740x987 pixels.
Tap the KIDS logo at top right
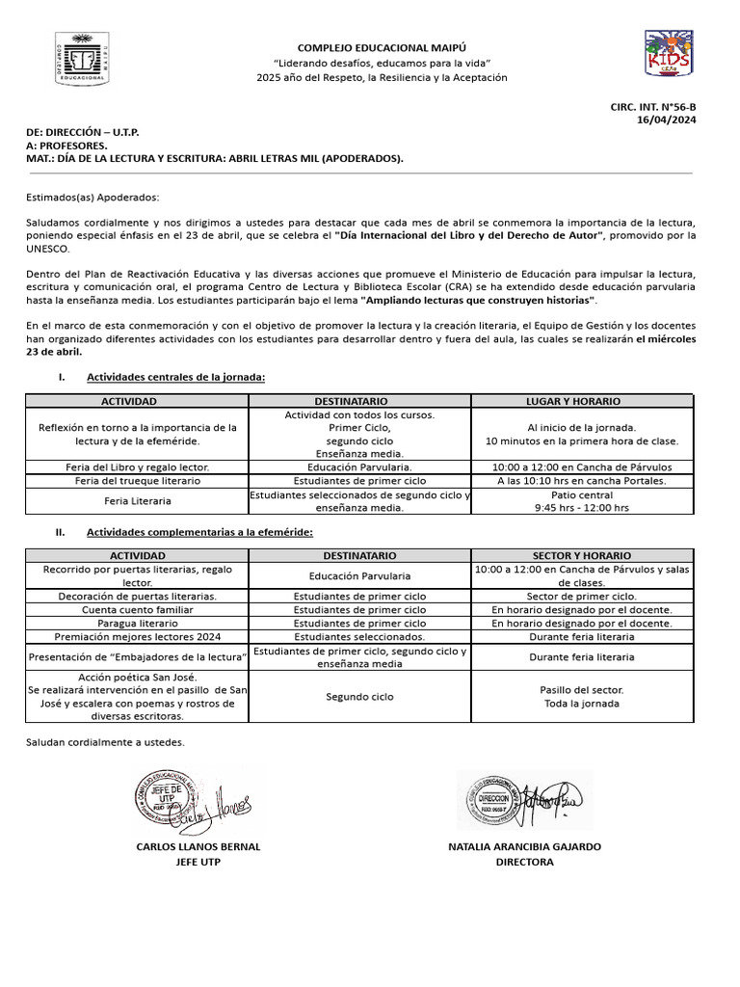tap(668, 54)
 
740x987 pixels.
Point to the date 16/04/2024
tap(667, 120)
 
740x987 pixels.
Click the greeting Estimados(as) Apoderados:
tap(92, 197)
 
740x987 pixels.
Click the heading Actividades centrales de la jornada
tap(175, 377)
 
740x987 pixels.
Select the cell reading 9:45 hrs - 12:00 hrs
tap(581, 508)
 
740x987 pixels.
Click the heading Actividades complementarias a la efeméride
tap(199, 532)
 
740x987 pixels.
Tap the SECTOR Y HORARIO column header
tap(581, 556)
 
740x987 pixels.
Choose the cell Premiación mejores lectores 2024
tap(138, 637)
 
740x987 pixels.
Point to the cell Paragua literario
tap(137, 624)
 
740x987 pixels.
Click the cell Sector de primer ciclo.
tap(581, 597)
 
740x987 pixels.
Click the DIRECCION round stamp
tap(492, 799)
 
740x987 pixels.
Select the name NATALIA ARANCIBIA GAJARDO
tap(524, 846)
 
